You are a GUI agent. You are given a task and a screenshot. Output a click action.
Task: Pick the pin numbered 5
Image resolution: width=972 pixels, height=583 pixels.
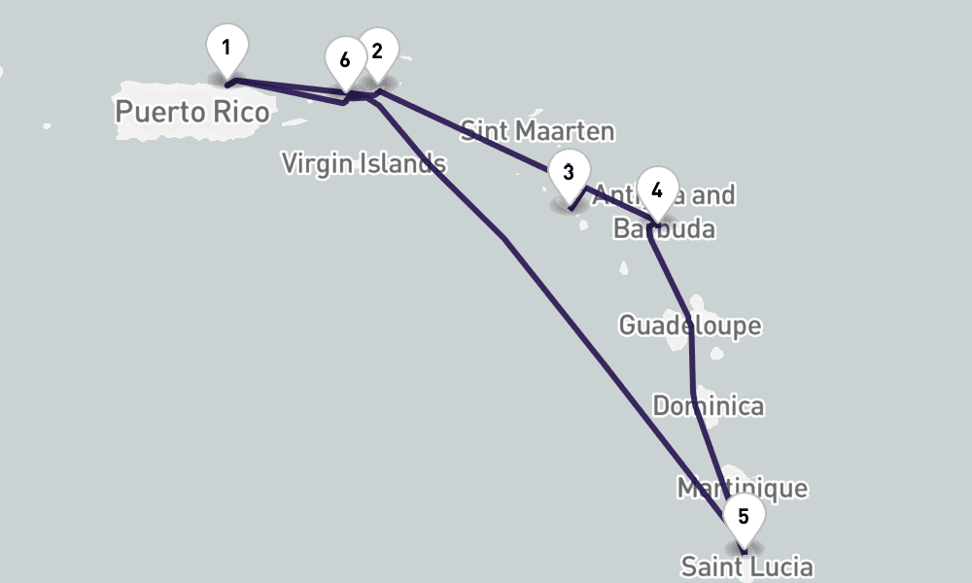pos(744,517)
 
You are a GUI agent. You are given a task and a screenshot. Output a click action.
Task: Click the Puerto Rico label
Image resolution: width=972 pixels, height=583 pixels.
pos(191,112)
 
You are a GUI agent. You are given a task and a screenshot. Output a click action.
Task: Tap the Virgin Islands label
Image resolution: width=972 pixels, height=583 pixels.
pos(364,163)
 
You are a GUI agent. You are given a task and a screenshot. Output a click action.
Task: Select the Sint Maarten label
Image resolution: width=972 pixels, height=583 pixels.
pos(538,130)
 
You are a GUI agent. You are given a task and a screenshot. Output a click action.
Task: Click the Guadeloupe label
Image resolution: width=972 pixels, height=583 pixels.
pos(690,325)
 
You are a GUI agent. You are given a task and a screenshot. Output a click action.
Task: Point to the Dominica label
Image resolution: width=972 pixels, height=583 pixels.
pos(708,405)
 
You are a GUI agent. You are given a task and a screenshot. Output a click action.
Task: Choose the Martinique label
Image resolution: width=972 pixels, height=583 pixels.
pos(743,487)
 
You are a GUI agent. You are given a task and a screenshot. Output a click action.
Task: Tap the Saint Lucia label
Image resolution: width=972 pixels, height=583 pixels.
pos(746,566)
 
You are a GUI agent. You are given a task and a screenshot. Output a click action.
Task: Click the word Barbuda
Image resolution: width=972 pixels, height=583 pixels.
pos(665,229)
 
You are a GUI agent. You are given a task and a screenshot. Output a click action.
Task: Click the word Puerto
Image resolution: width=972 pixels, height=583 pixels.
pos(159,112)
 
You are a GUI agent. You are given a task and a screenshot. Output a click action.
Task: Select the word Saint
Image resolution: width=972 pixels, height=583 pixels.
pos(711,566)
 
